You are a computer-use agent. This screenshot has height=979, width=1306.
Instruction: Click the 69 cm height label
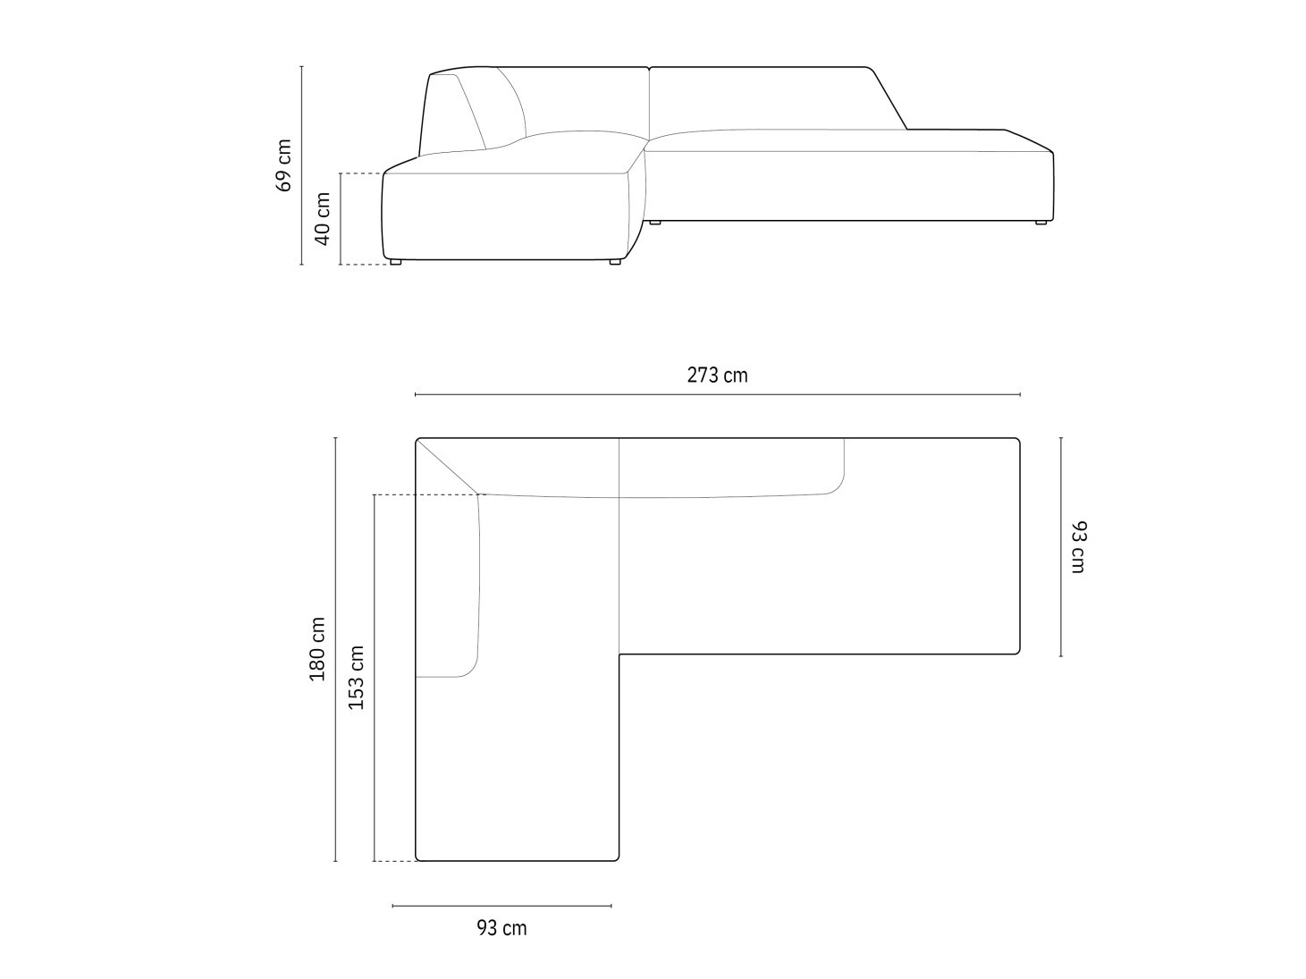283,165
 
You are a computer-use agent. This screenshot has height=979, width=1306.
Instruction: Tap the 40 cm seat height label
322,218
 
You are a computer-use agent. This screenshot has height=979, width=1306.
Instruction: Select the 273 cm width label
717,376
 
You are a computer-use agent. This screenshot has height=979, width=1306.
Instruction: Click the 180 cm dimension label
317,649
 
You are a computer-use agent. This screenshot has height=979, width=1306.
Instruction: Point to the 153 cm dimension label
355,678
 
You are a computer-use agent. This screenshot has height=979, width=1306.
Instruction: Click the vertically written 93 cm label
1078,547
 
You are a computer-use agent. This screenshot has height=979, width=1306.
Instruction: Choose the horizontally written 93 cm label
501,928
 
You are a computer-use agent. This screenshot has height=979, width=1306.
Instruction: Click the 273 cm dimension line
718,394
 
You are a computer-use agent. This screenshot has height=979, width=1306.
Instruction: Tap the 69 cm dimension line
301,165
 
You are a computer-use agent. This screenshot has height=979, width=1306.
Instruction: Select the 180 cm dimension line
335,649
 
